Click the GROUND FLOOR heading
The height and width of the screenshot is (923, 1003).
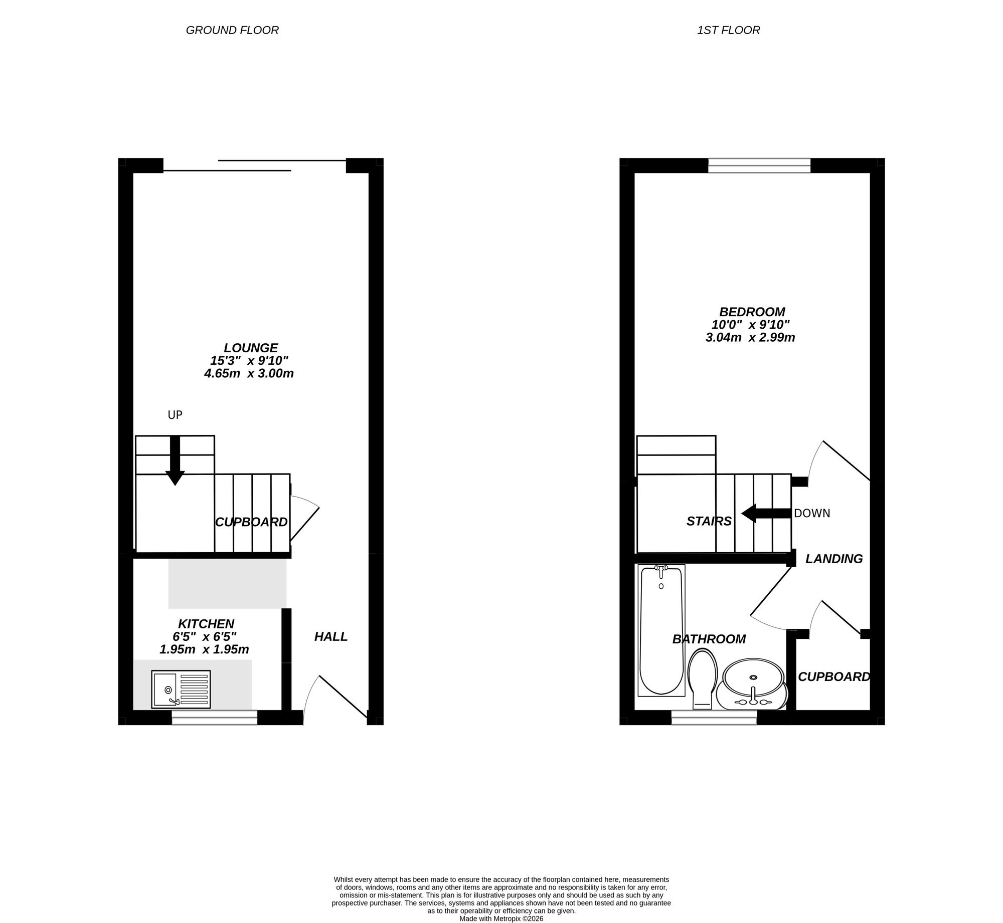pos(232,30)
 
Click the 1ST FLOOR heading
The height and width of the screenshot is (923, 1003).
pos(728,30)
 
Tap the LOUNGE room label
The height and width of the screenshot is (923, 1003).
pos(251,348)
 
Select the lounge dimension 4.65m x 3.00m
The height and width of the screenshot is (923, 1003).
pos(249,373)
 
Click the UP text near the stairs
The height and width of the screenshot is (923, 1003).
pos(175,415)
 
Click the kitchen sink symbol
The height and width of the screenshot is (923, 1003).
pos(181,689)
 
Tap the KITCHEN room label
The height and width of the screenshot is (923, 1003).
pos(206,624)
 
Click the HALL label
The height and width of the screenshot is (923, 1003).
pos(331,636)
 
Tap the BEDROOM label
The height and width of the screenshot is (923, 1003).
pos(752,312)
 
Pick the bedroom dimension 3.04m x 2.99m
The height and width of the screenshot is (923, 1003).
pos(750,337)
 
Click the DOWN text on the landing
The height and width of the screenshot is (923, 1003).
pos(812,513)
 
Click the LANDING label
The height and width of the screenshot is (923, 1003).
pos(834,559)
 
